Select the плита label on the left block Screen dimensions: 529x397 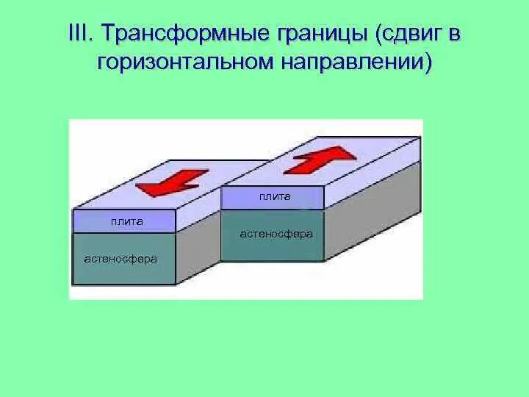[x=127, y=221]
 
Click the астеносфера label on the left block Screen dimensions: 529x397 [x=120, y=259]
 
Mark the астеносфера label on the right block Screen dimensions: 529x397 [x=276, y=234]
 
